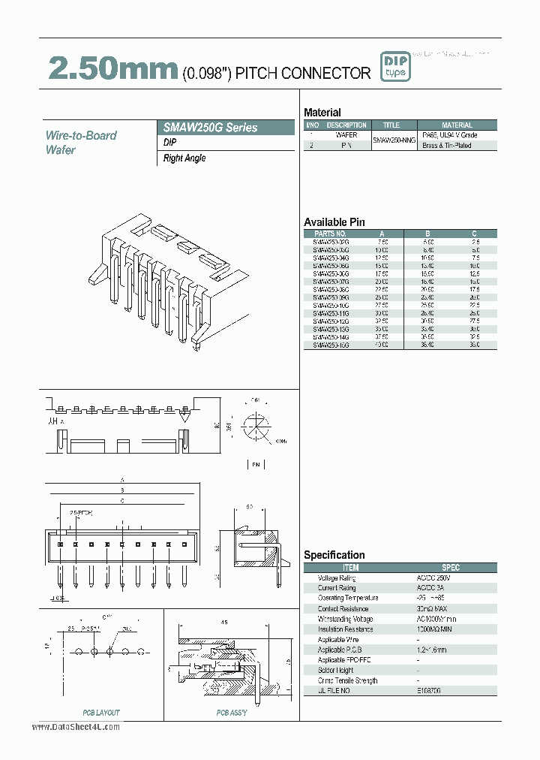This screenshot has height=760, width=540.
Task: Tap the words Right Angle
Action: [184, 158]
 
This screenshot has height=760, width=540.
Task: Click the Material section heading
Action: [322, 112]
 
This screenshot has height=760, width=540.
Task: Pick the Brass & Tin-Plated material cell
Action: [457, 145]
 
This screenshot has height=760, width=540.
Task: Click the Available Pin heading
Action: [334, 222]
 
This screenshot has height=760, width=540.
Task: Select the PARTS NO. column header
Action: [330, 234]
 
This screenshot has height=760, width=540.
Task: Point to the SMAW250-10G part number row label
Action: [330, 306]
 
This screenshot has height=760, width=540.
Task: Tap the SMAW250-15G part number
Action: [330, 345]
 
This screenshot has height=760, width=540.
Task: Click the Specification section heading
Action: [334, 555]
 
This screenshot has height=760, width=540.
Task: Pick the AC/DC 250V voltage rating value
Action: [451, 578]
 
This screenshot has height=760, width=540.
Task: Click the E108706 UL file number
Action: [451, 690]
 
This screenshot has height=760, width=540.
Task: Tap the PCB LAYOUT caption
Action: [100, 713]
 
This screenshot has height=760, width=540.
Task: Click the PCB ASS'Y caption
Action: [232, 713]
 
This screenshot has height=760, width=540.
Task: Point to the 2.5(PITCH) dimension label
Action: [80, 513]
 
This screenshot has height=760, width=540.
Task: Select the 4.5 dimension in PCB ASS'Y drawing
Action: [223, 622]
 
